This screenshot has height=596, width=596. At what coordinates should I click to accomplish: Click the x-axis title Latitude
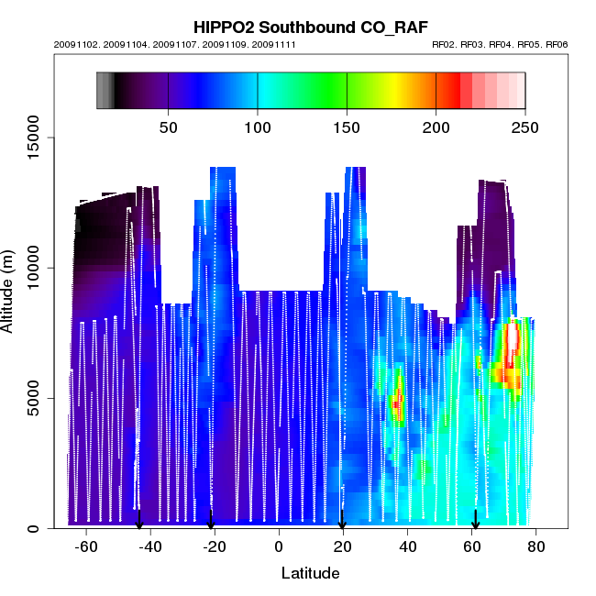tap(310, 573)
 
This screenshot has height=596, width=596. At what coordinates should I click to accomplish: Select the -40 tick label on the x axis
tap(150, 546)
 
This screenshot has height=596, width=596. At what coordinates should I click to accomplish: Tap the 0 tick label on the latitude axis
tap(279, 546)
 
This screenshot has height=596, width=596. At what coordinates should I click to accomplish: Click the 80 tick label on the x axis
tap(535, 546)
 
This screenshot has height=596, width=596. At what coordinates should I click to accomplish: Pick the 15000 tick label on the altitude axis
tap(32, 138)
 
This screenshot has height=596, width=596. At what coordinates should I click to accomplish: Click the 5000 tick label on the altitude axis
tap(32, 398)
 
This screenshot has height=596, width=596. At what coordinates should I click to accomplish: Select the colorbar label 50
tap(168, 127)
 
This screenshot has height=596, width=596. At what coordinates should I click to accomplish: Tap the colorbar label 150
tap(347, 127)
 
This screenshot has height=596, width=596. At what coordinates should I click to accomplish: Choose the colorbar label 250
tap(524, 127)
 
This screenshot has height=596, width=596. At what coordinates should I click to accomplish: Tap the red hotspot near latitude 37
tap(397, 403)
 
